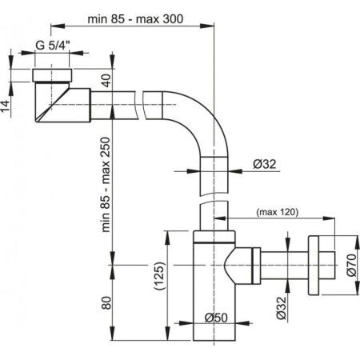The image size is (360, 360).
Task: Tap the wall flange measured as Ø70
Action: pos(321,258)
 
